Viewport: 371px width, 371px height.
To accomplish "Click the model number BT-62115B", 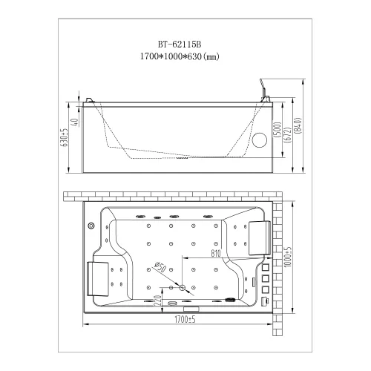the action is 180,45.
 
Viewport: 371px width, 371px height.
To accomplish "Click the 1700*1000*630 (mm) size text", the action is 180,56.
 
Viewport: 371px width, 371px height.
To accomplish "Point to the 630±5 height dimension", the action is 65,137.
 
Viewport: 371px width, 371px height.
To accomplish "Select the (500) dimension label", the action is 278,130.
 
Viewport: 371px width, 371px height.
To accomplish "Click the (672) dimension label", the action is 288,135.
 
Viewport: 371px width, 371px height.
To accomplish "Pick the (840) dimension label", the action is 298,125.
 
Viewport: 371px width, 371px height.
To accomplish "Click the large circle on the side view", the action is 260,140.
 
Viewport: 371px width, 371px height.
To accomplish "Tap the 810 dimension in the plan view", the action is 216,253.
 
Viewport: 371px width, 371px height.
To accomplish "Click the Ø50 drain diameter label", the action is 160,267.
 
